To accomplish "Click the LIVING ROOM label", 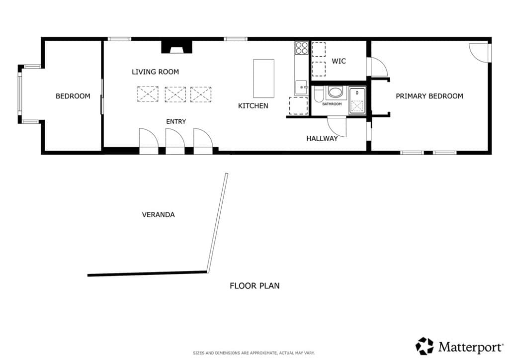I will pos(155,72).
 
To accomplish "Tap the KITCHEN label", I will pos(253,106).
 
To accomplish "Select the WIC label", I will pos(339,61).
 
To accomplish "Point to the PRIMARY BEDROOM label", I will pos(429,96).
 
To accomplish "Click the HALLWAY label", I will pos(322,139).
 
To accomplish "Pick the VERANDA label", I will pos(158,215).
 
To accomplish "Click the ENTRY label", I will pos(176,122).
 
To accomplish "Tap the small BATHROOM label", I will pos(332,104).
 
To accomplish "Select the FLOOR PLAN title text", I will pos(254,286).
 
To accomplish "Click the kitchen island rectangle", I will pos(263,79).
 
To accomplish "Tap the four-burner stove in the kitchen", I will pos(302,48).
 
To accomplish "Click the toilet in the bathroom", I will pos(319,93).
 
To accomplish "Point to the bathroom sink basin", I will pos(336,92).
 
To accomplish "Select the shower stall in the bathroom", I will pos(357,100).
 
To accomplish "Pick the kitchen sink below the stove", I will pos(301,88).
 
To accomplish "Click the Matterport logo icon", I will pos(424,346).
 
